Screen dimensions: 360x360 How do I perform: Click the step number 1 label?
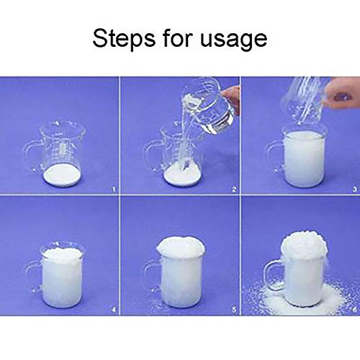(x=110, y=190)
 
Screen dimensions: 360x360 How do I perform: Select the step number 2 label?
(x=231, y=190)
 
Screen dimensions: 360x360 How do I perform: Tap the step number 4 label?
(x=110, y=312)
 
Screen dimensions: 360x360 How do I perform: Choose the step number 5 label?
(x=231, y=312)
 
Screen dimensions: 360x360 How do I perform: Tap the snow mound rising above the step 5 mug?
(x=181, y=247)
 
